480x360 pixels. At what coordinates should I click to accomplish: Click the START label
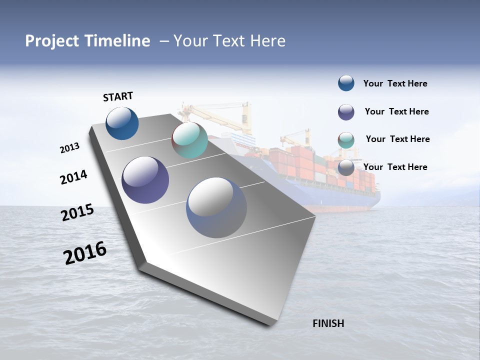tap(118, 96)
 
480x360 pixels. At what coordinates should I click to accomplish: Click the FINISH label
tap(328, 323)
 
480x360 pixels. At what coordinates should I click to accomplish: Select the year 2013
tap(69, 148)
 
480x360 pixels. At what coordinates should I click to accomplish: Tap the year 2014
tap(73, 177)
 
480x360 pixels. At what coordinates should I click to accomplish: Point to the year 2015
tap(77, 212)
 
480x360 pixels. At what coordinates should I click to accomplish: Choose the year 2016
tap(85, 253)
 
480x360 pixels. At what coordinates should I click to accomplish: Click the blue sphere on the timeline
tap(122, 123)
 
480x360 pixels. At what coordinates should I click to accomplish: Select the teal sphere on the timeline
tap(189, 140)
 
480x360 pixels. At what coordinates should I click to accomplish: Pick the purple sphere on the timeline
tap(145, 180)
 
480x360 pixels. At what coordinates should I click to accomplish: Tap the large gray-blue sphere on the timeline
tap(216, 207)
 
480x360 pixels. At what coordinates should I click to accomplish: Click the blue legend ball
tap(346, 83)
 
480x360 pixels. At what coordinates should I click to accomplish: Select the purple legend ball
tap(346, 111)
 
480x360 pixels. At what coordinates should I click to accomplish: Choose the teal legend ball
tap(346, 140)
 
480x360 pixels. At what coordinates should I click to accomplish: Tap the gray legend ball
tap(346, 167)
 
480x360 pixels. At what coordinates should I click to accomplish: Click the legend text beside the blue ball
tap(395, 83)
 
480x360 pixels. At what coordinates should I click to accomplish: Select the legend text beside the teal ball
tap(397, 139)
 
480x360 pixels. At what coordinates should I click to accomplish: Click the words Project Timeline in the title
tap(87, 41)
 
